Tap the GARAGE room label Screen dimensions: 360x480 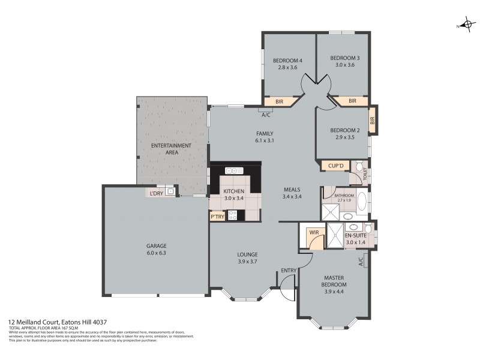click(157, 246)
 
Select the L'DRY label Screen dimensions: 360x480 click(157, 193)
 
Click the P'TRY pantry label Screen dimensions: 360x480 click(217, 216)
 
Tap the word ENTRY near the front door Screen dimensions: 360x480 click(289, 271)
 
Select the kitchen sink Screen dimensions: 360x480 click(233, 170)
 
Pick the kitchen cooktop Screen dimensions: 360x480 click(233, 214)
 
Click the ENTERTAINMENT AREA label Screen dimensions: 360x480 click(171, 148)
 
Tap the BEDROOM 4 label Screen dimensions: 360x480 click(287, 60)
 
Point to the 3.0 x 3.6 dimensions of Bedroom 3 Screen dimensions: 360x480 click(345, 65)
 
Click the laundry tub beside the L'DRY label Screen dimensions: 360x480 click(170, 192)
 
